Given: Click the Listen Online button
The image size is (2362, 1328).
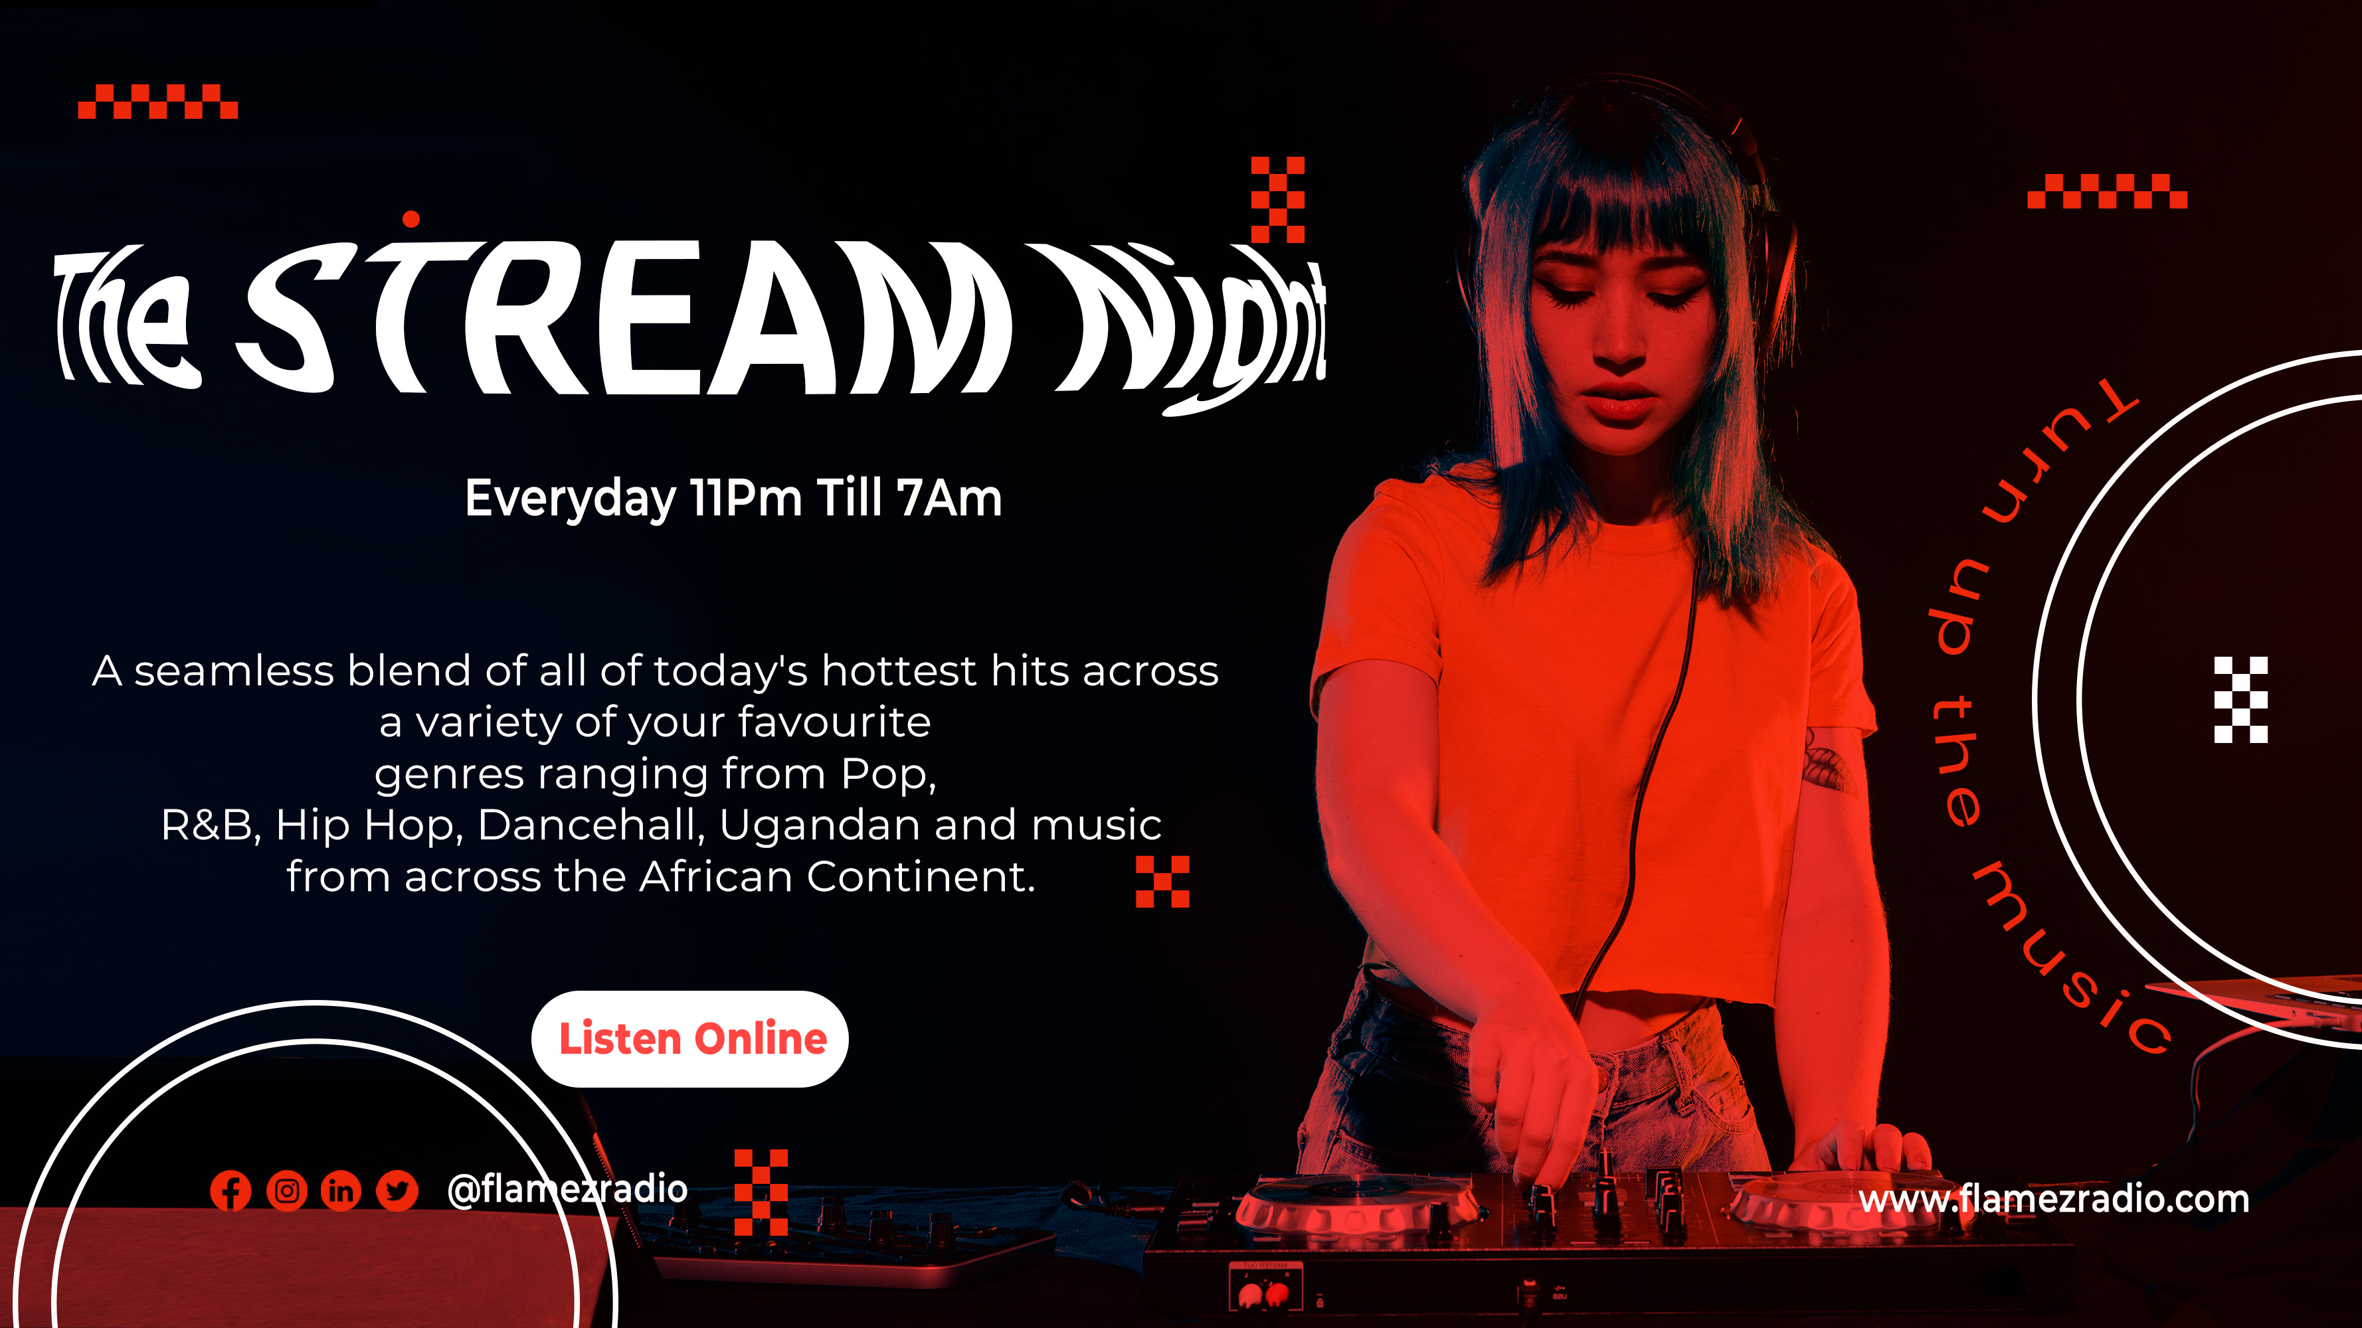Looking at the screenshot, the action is pyautogui.click(x=689, y=1038).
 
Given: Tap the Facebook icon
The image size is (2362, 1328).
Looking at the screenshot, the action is pyautogui.click(x=230, y=1191).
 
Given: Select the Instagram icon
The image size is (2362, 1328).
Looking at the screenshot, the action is pyautogui.click(x=286, y=1191).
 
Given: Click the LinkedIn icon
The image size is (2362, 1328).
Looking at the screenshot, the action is pyautogui.click(x=341, y=1191).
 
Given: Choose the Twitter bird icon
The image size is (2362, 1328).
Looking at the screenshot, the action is pyautogui.click(x=397, y=1191).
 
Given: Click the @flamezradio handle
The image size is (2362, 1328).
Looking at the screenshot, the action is pyautogui.click(x=567, y=1190).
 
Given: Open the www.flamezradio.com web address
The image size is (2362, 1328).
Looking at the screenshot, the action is pyautogui.click(x=2054, y=1199).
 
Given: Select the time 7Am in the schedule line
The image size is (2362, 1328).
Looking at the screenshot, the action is pyautogui.click(x=949, y=499).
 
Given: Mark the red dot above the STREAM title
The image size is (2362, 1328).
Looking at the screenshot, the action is pyautogui.click(x=410, y=219).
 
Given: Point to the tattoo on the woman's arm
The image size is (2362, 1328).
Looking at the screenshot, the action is pyautogui.click(x=1827, y=762).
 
